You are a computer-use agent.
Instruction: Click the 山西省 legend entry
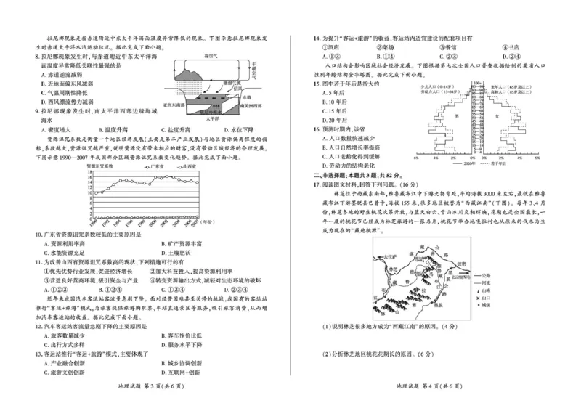[187, 166]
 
